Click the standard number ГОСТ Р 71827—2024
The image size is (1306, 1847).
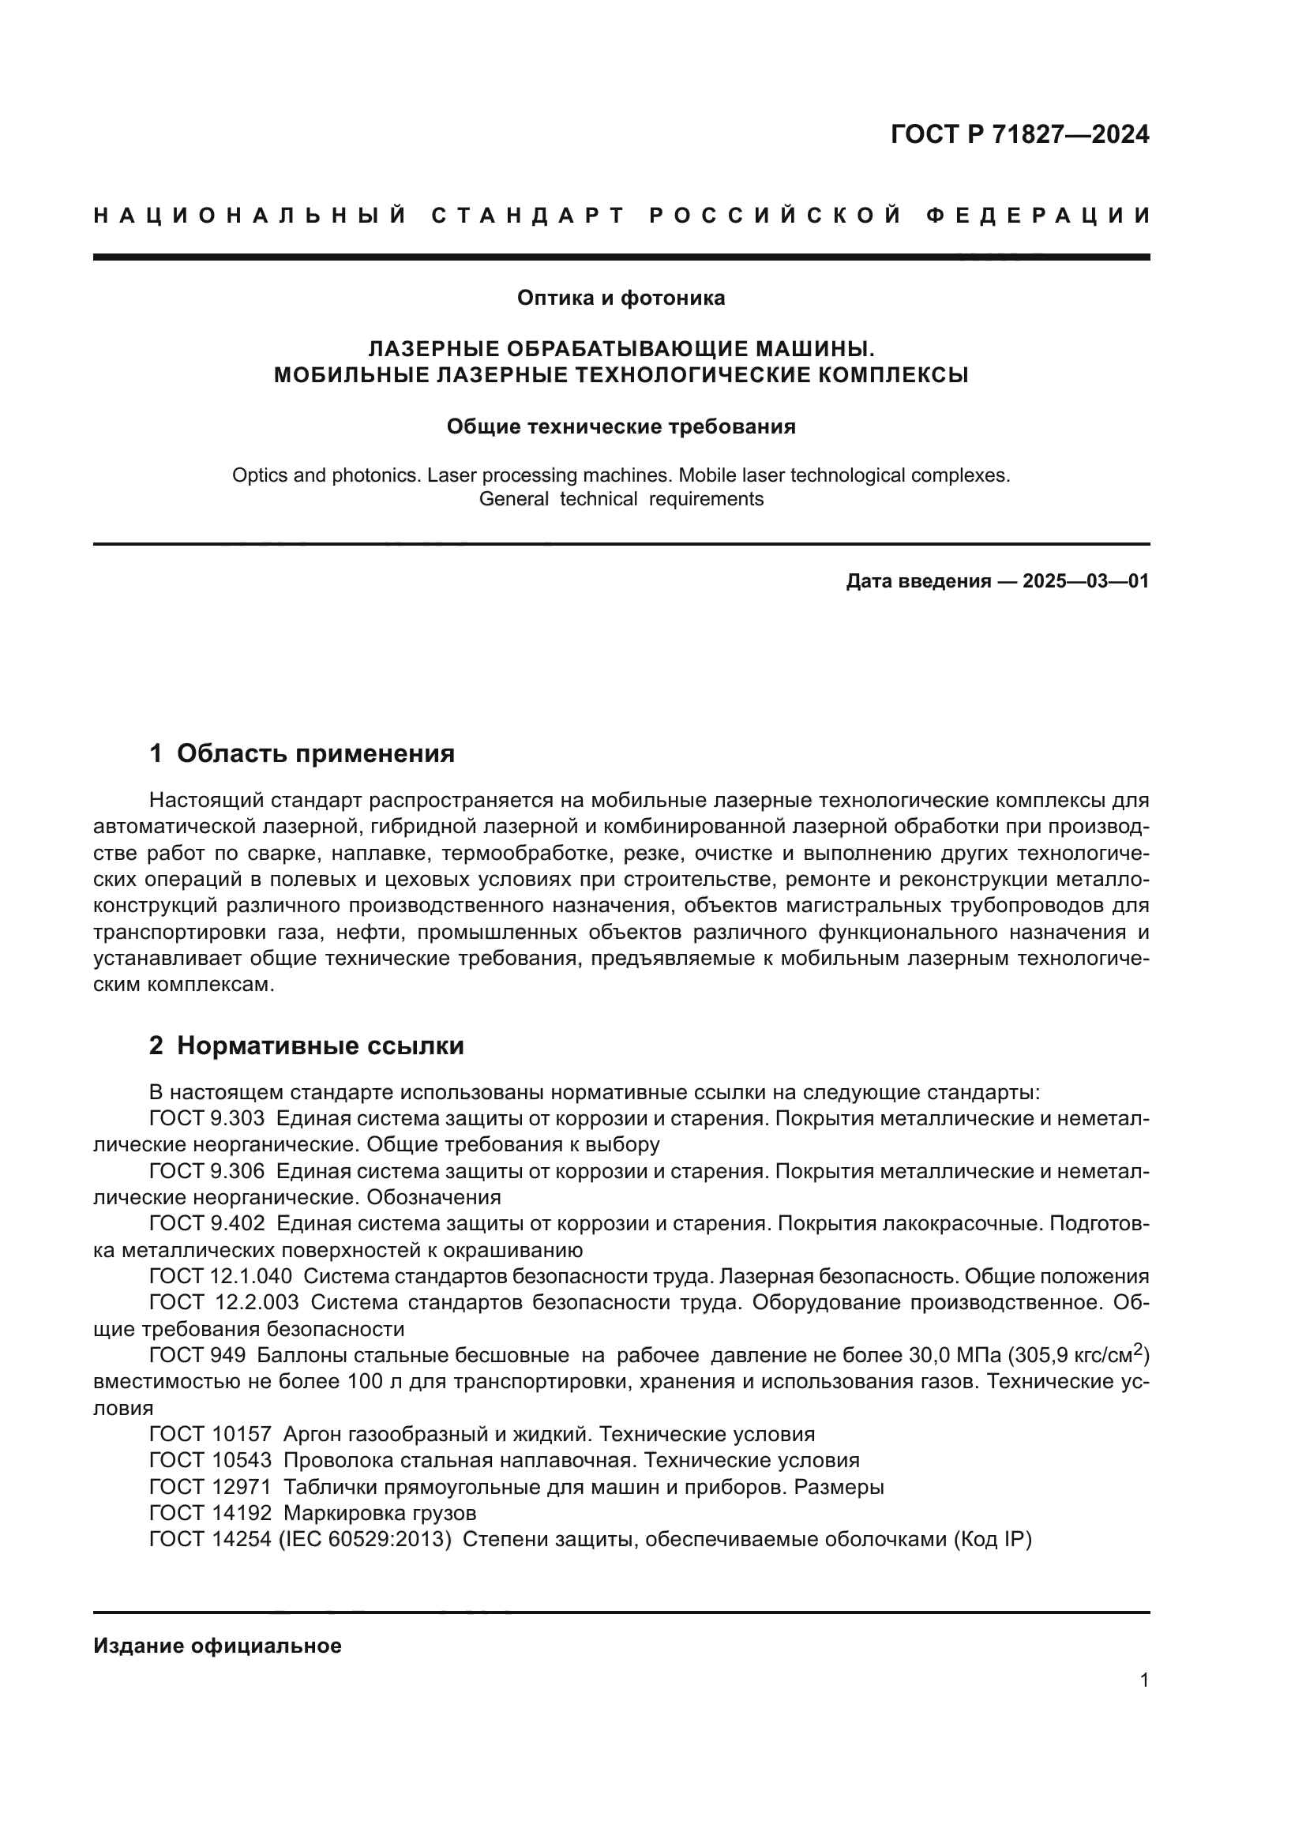1019,134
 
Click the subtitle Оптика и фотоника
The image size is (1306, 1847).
621,298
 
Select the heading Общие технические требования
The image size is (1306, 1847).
621,427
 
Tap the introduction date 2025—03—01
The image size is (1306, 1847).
1085,581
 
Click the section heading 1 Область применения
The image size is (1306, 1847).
302,754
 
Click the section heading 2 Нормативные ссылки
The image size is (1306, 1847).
306,1046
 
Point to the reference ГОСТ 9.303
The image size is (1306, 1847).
207,1119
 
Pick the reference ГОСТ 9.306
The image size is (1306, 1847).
207,1171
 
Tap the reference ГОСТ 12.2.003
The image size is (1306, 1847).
223,1302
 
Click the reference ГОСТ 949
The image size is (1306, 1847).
197,1356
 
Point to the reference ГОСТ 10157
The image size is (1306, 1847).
210,1434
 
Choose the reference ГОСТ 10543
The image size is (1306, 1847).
210,1460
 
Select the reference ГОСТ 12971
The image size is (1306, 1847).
210,1487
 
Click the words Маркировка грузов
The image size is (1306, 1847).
380,1513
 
